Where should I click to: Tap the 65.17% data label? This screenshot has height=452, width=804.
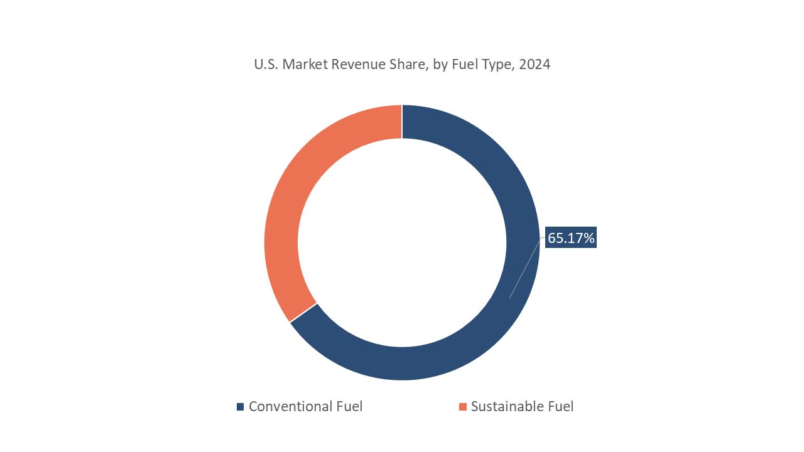pyautogui.click(x=570, y=238)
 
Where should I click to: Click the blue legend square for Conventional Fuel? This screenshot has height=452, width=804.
pyautogui.click(x=240, y=407)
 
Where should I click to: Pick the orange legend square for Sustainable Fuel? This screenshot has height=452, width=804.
pyautogui.click(x=463, y=407)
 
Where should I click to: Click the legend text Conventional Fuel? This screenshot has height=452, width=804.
pyautogui.click(x=305, y=406)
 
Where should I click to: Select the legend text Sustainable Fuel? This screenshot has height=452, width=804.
pyautogui.click(x=522, y=406)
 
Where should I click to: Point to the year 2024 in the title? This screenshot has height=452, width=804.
pyautogui.click(x=535, y=64)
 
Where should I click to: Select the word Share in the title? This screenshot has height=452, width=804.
pyautogui.click(x=409, y=64)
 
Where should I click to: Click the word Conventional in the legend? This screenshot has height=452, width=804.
pyautogui.click(x=290, y=406)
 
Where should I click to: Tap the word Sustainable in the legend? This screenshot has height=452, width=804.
pyautogui.click(x=508, y=406)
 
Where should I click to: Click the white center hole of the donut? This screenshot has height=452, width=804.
pyautogui.click(x=402, y=242)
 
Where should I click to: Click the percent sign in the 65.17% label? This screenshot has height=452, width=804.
pyautogui.click(x=589, y=238)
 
